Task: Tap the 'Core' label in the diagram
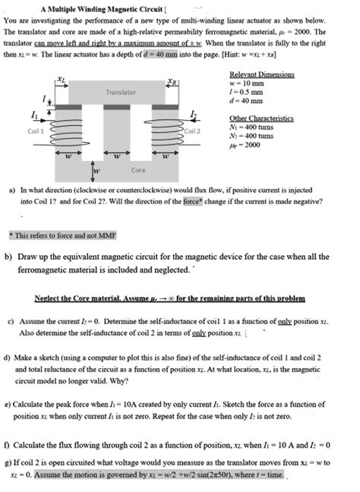[138, 170]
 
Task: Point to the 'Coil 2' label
[192, 130]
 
